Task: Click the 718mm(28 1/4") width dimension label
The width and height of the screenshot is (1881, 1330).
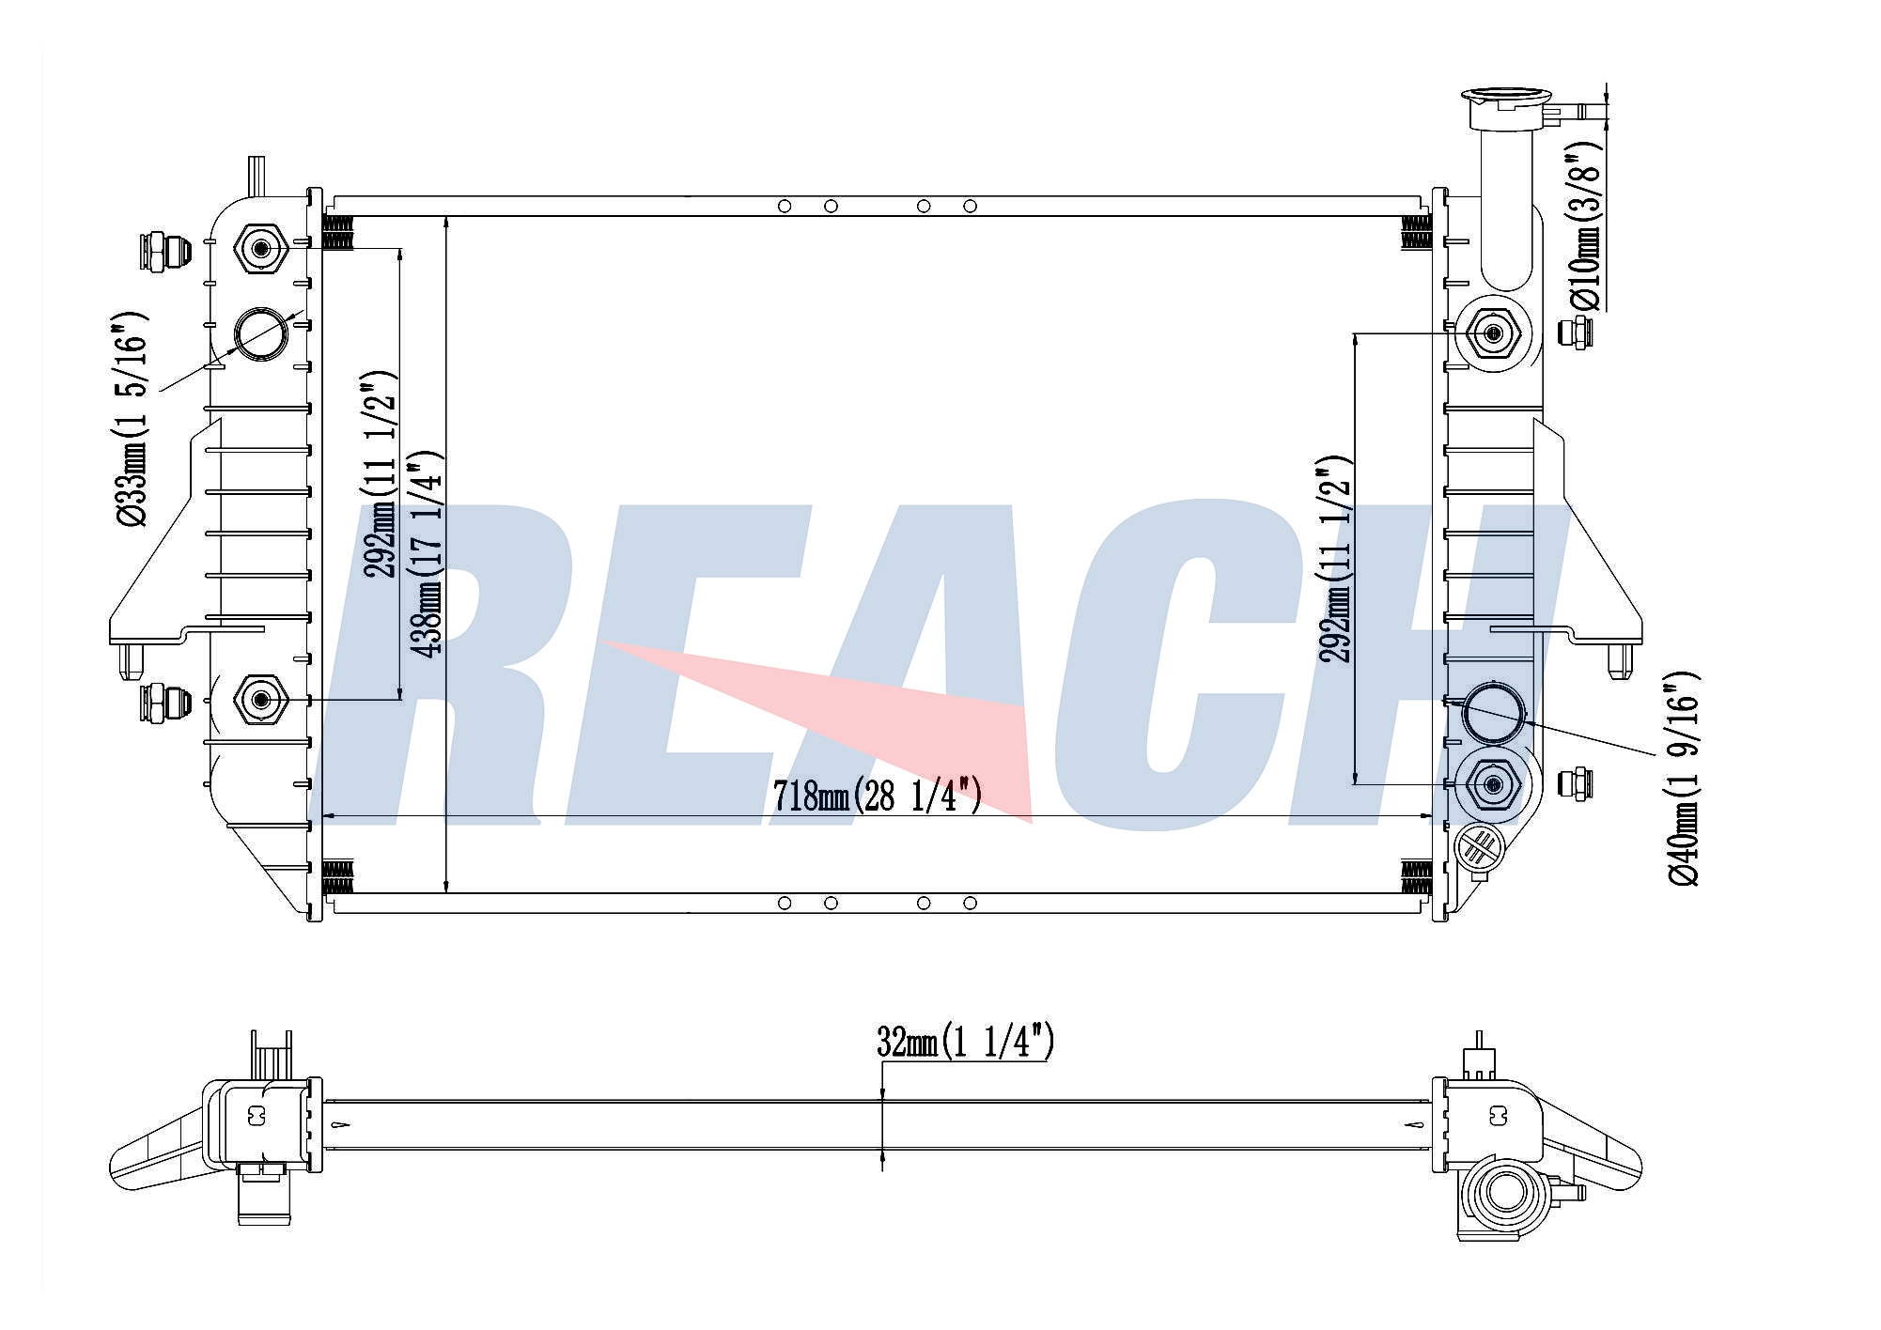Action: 878,796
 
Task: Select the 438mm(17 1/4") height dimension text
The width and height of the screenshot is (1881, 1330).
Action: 427,554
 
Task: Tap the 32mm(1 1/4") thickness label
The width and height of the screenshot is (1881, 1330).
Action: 965,1042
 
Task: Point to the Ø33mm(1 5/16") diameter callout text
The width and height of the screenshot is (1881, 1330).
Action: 132,419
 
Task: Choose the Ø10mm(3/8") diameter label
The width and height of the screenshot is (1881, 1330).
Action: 1584,225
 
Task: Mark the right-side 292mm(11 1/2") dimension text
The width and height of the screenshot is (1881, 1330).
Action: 1335,559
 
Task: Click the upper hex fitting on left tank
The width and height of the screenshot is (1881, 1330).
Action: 260,249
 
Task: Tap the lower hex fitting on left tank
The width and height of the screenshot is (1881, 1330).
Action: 260,699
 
